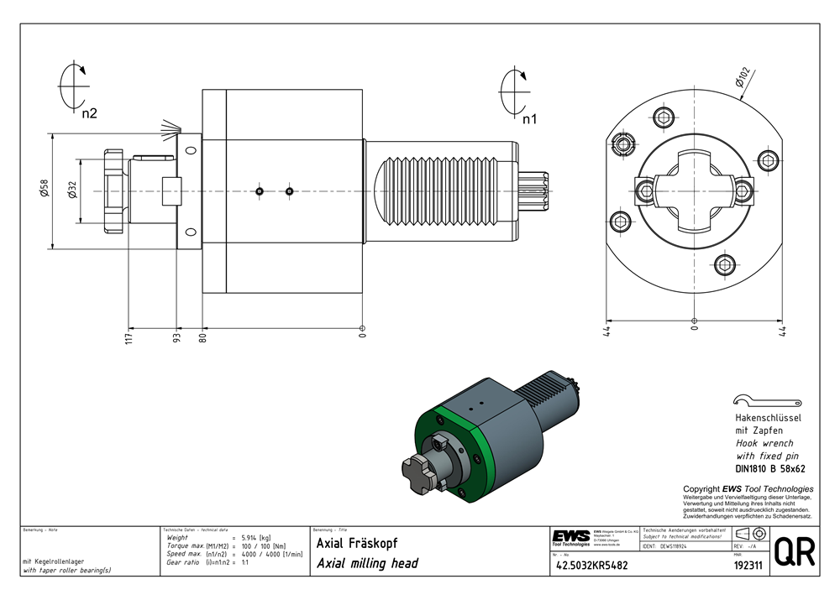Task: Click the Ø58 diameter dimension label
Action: pos(45,191)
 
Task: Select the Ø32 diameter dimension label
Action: pos(72,191)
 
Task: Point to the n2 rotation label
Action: pos(89,113)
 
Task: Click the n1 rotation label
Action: pos(529,118)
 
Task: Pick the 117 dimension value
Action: pos(129,338)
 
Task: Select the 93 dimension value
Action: pos(176,338)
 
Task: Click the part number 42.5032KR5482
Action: pos(591,566)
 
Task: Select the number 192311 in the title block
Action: pos(747,566)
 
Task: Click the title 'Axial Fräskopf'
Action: pos(357,543)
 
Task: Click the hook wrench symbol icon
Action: pos(741,401)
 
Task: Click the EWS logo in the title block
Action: pos(571,536)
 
